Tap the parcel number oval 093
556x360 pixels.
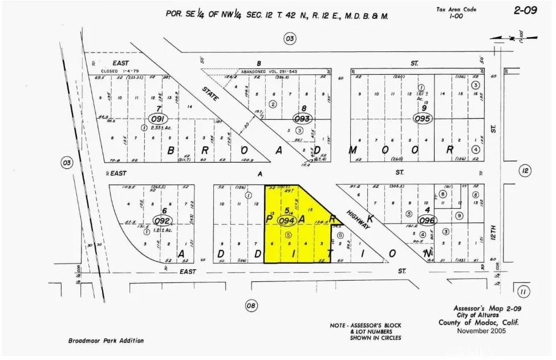pyautogui.click(x=302, y=119)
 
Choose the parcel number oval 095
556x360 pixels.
pyautogui.click(x=423, y=119)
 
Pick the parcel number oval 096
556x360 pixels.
pyautogui.click(x=427, y=220)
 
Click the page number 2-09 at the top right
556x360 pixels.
pyautogui.click(x=525, y=10)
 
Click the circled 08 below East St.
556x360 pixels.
pyautogui.click(x=251, y=306)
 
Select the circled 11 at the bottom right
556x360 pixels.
pyautogui.click(x=522, y=292)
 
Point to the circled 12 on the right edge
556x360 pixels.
pyautogui.click(x=525, y=171)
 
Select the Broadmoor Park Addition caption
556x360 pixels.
pyautogui.click(x=105, y=341)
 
